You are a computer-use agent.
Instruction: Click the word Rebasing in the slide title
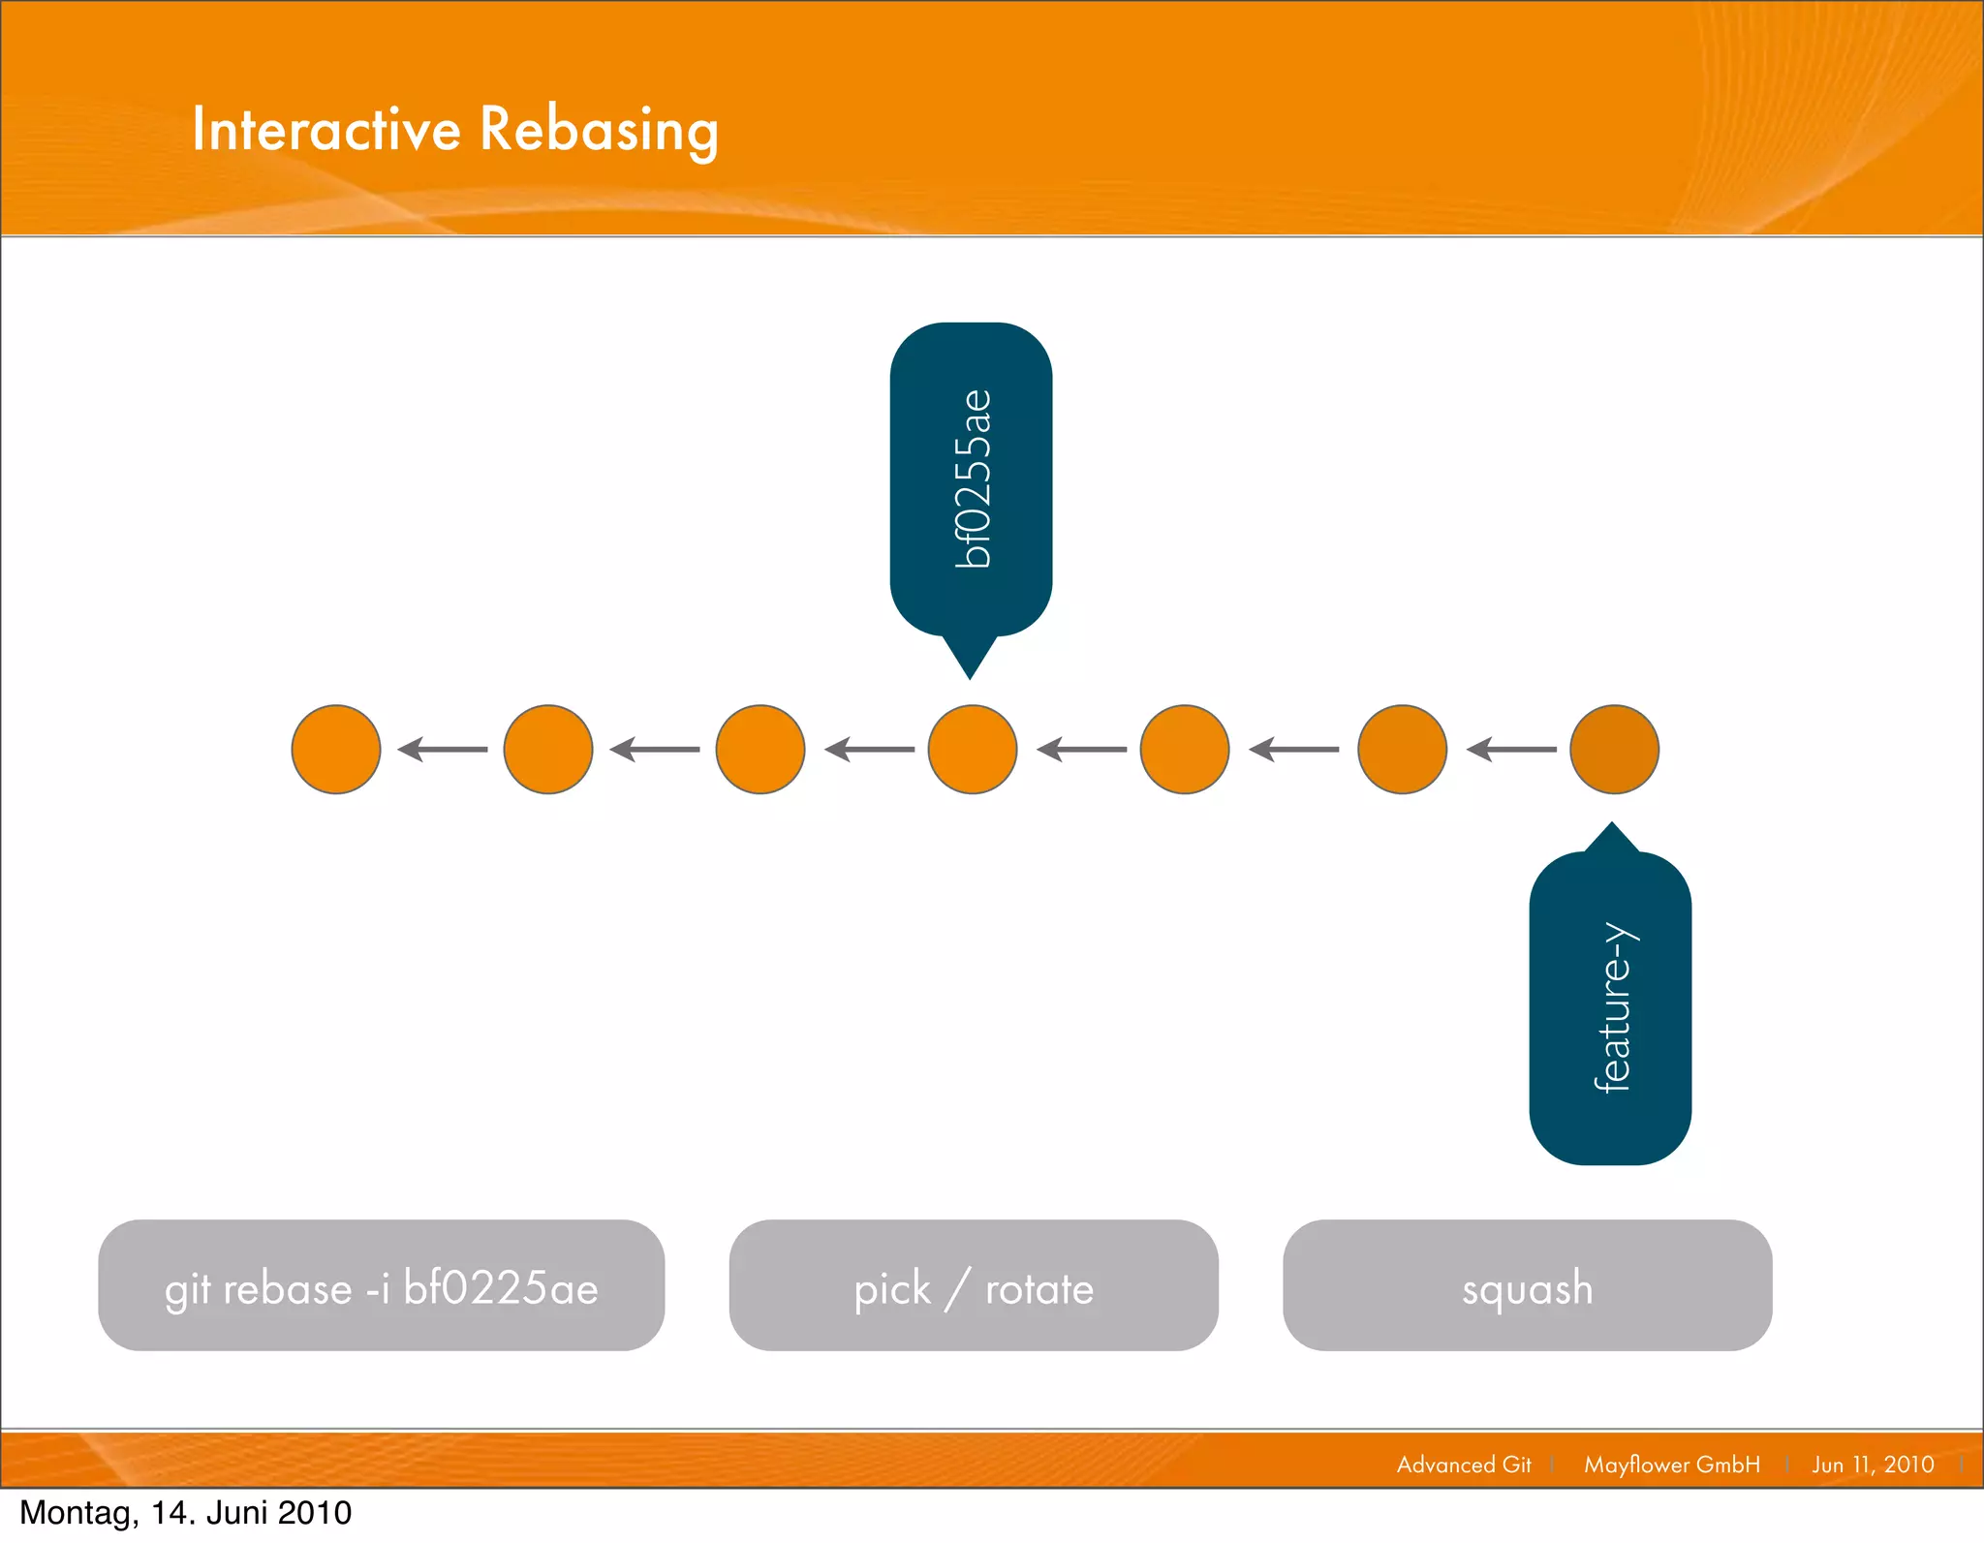[x=599, y=129]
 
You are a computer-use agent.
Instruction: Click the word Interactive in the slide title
[x=326, y=129]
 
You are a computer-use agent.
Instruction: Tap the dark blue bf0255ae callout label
[x=971, y=478]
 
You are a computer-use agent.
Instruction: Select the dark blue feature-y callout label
[x=1610, y=1007]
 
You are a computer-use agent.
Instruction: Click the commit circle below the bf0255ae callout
[x=972, y=750]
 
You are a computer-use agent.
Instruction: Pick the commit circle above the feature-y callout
[x=1614, y=750]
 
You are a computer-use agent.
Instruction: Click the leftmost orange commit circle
[x=336, y=750]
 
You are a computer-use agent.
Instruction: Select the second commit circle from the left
[x=548, y=750]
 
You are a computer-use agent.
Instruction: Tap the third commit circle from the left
[x=760, y=750]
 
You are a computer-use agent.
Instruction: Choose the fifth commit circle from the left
[x=1185, y=750]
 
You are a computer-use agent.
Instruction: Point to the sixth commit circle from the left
[x=1402, y=750]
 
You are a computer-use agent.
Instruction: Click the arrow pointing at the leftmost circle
[x=443, y=750]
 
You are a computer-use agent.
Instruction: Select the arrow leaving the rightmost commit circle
[x=1511, y=750]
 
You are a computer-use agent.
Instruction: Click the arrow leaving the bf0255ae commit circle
[x=869, y=750]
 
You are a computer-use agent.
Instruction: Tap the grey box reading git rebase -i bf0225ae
[x=381, y=1285]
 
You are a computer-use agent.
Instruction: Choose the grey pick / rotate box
[x=974, y=1285]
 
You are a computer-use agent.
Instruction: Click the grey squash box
[x=1527, y=1285]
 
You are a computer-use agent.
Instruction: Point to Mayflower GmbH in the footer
[x=1672, y=1465]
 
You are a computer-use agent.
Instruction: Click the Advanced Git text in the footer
[x=1464, y=1465]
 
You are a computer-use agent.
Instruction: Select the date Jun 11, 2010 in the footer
[x=1873, y=1465]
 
